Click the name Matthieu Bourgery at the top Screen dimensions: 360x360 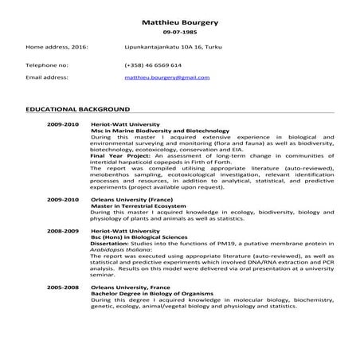(x=179, y=23)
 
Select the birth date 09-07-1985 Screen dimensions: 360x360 (x=179, y=34)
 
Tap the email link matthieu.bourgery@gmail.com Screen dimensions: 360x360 (x=166, y=78)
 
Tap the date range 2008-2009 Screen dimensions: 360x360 (x=63, y=229)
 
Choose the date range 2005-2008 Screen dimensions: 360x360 (x=63, y=284)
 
